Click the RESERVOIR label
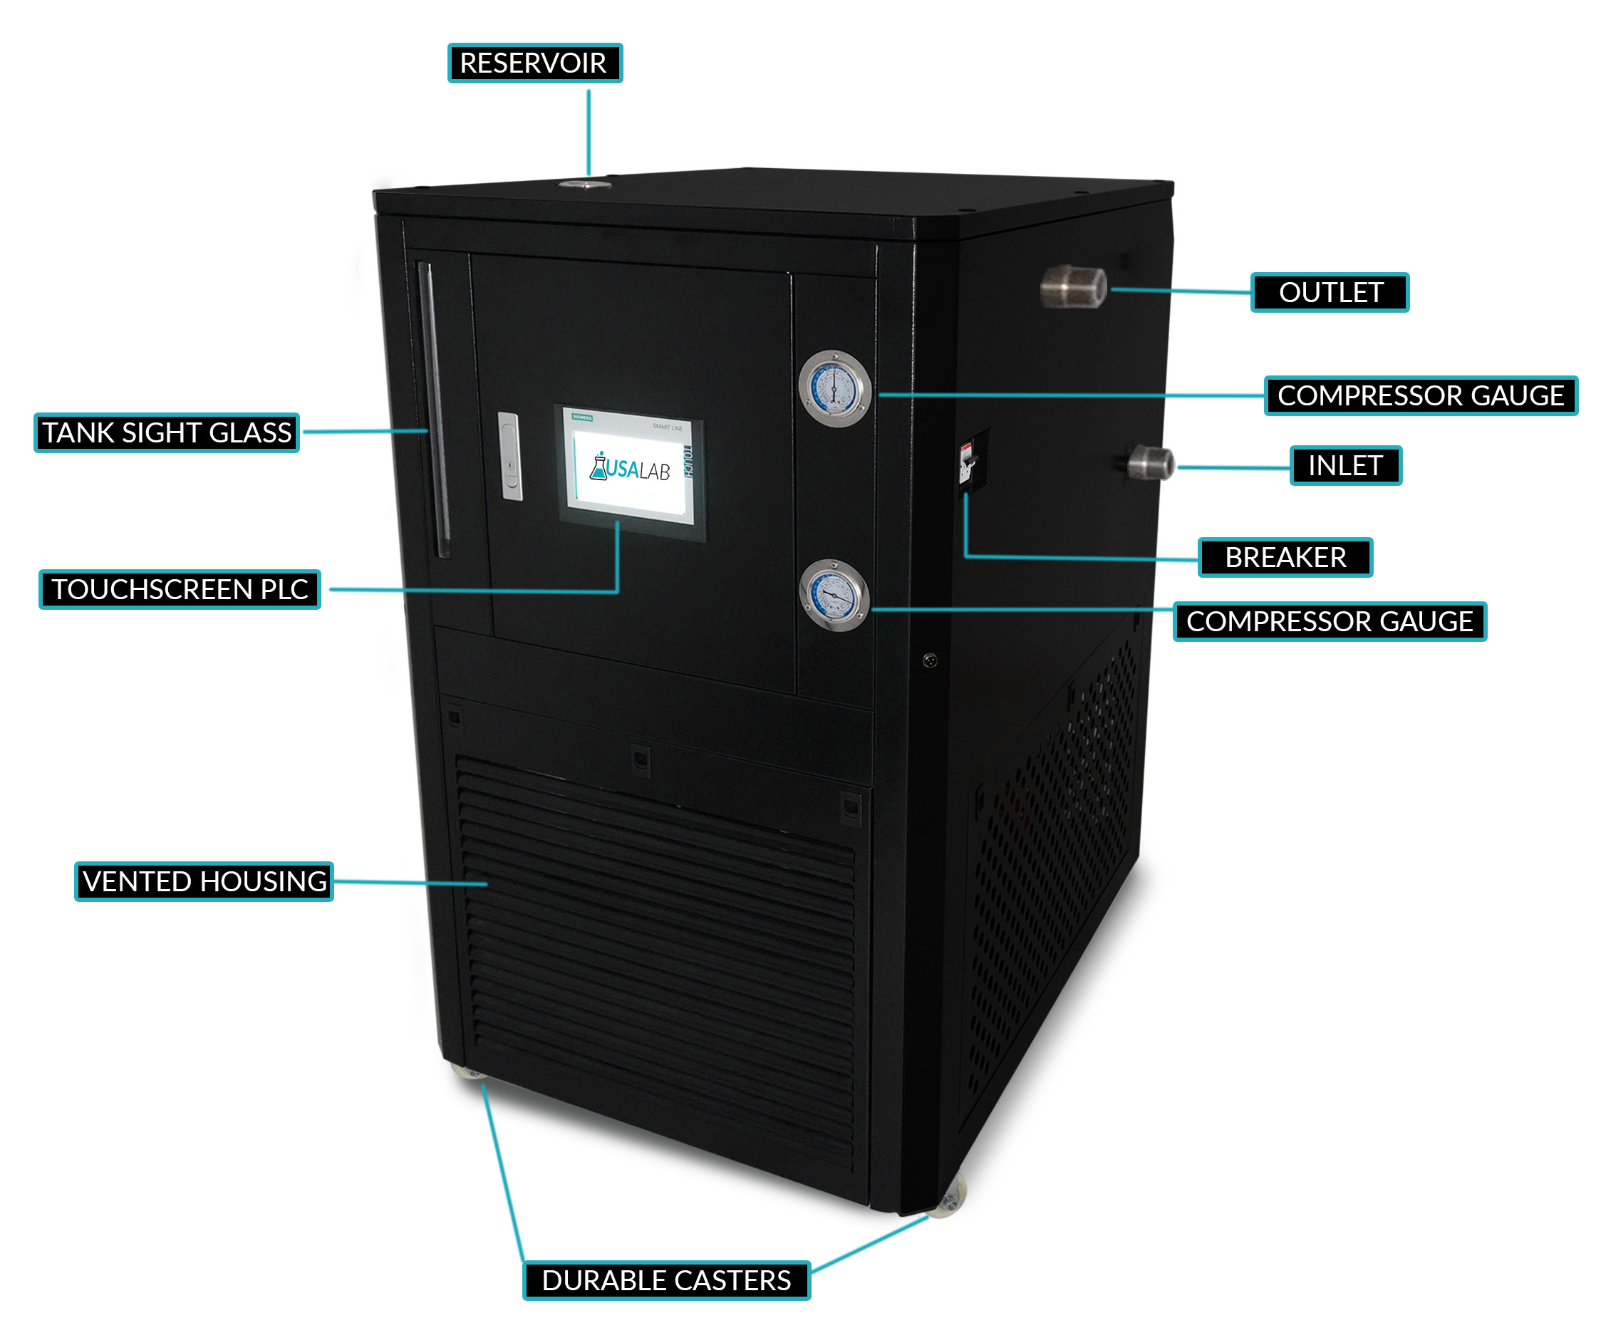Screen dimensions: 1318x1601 pos(534,63)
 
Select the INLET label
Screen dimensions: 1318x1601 pos(1344,465)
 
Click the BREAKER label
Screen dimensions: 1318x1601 pos(1285,557)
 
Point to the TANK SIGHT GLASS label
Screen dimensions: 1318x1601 pos(166,432)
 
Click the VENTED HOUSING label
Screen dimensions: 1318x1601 pos(204,881)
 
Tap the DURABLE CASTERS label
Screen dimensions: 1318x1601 pos(665,1280)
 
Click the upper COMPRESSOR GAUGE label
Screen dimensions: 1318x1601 pos(1419,395)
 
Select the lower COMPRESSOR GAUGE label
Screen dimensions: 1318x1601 pos(1329,622)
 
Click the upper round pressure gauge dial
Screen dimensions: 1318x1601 pos(834,389)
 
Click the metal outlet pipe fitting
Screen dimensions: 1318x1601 pos(1072,287)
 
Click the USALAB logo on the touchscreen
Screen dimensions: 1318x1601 pos(630,469)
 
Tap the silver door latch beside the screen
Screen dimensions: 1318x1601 pos(510,456)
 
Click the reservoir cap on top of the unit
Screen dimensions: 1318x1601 pos(584,185)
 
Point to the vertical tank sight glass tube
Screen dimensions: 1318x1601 pos(435,410)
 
